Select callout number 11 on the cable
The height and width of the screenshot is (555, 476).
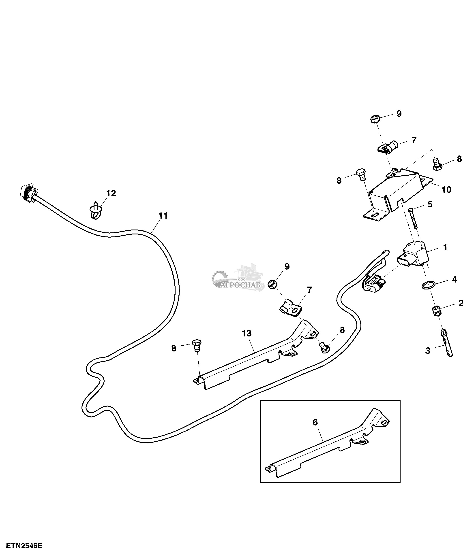point(163,216)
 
